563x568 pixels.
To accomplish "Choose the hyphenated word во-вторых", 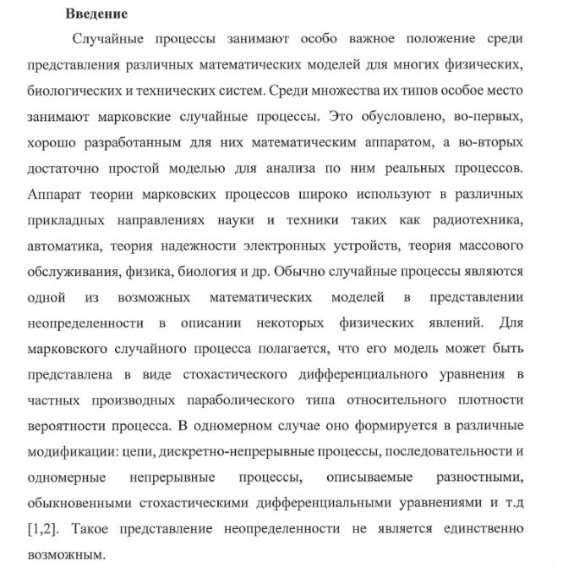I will [x=490, y=141].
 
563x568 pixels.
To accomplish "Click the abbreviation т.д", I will [x=512, y=504].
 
